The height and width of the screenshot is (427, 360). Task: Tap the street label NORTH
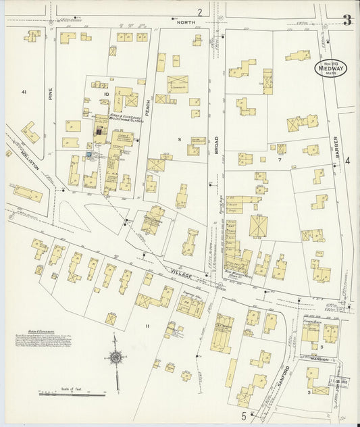[186, 22]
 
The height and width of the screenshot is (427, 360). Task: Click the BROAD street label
[217, 145]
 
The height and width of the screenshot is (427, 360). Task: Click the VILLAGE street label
[182, 274]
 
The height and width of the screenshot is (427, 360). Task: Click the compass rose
[116, 359]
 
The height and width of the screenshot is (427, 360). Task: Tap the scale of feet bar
[65, 392]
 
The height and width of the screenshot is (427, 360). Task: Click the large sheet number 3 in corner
[346, 20]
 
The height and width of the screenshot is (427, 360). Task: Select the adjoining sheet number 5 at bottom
[244, 416]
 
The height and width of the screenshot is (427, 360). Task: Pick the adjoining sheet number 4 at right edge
[347, 160]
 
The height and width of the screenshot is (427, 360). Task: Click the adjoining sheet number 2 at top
[200, 11]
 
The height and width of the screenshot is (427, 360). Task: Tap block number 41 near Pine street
[24, 91]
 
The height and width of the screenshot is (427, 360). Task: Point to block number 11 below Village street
[146, 326]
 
